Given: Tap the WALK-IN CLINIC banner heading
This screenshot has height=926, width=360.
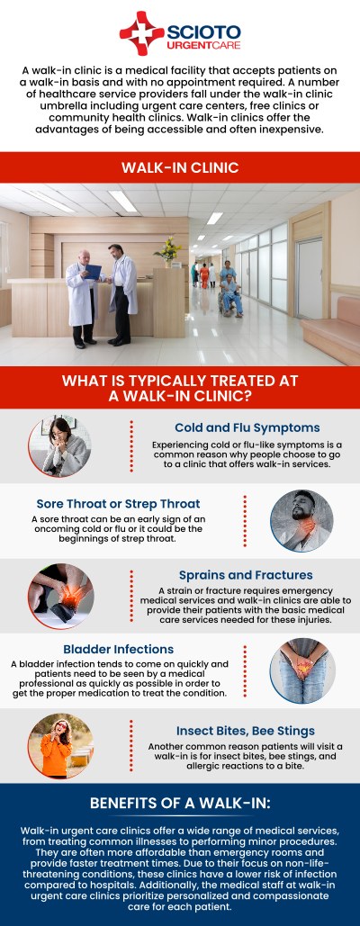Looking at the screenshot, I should [179, 167].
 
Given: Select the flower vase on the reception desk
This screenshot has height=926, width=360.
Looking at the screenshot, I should [169, 250].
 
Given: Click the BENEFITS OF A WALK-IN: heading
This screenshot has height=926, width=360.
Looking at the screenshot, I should [179, 804].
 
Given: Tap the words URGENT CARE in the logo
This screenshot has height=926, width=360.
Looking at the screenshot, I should [200, 44].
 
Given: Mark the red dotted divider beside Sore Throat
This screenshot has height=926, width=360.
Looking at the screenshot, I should [246, 521].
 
